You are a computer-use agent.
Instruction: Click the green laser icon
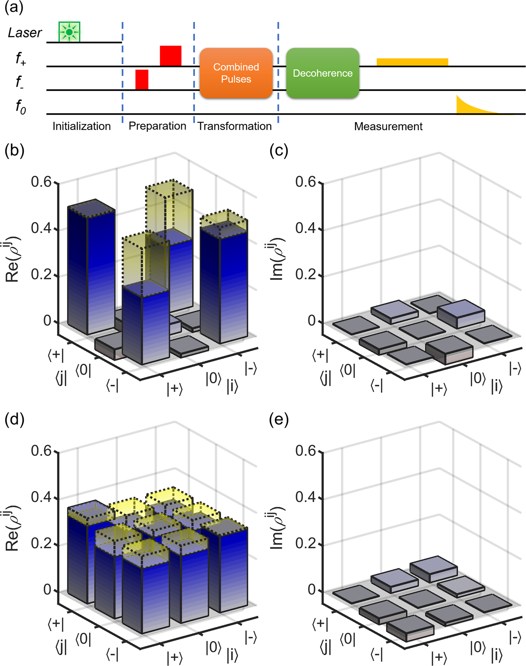point(69,32)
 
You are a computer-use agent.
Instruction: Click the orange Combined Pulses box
point(236,73)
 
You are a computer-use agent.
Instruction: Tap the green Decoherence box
point(322,73)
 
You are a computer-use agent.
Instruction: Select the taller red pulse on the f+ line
point(170,56)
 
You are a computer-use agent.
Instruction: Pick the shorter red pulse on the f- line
point(142,80)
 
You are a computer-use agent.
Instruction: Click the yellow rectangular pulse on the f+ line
point(412,62)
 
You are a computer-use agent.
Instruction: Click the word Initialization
point(81,126)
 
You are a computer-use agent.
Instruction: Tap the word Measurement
point(388,126)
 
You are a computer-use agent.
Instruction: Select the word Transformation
point(234,126)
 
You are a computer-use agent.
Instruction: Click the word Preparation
point(157,126)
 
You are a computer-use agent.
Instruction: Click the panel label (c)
point(279,151)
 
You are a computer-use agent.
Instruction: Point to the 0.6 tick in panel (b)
point(41,182)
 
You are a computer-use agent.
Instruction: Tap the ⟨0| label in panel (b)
point(83,369)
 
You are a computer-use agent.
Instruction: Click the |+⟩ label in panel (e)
point(439,657)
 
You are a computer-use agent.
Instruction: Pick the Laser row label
point(25,33)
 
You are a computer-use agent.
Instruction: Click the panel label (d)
point(14,420)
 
